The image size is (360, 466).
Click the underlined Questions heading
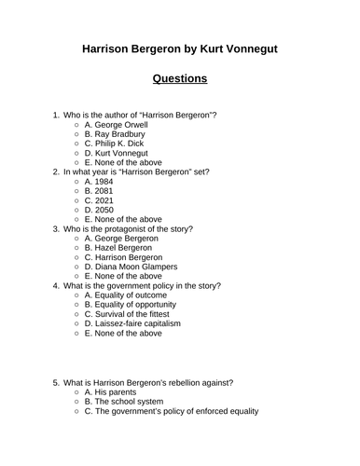(180, 78)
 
